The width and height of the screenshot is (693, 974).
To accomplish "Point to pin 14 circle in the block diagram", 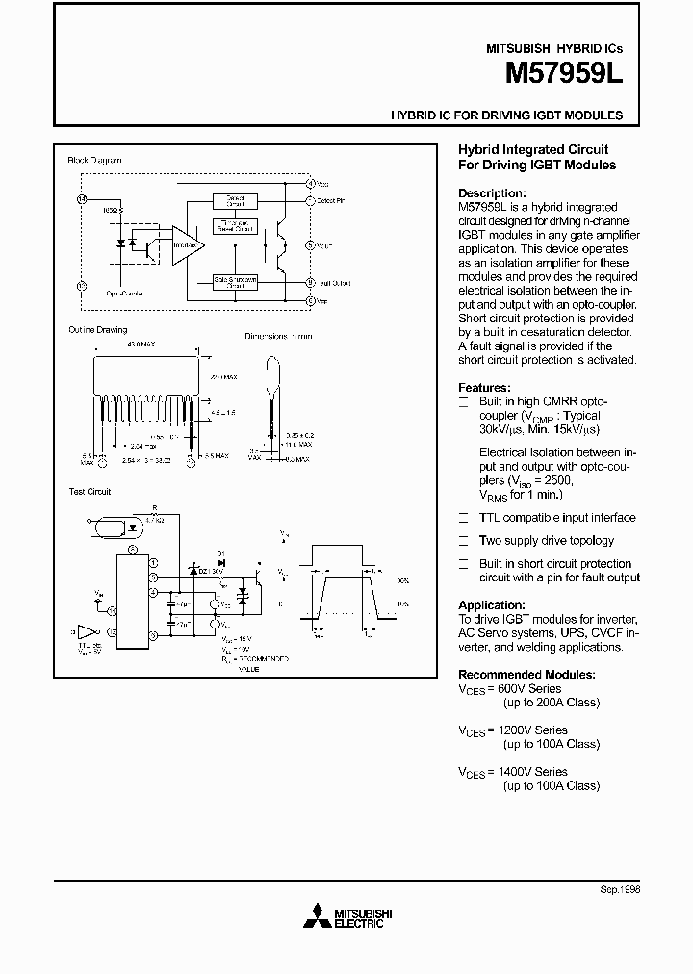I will pyautogui.click(x=81, y=198).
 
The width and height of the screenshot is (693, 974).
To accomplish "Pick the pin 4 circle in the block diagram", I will pyautogui.click(x=310, y=182).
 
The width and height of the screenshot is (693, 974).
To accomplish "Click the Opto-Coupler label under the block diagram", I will pyautogui.click(x=125, y=294).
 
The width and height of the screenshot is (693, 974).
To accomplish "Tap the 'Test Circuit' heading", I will pyautogui.click(x=90, y=491).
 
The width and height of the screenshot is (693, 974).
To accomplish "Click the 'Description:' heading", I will pyautogui.click(x=492, y=192).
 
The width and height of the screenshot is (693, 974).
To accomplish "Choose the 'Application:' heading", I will pyautogui.click(x=493, y=605).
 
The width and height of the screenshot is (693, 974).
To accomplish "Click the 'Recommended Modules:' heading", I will pyautogui.click(x=526, y=675).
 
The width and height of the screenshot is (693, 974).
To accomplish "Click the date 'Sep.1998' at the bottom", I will pyautogui.click(x=619, y=889).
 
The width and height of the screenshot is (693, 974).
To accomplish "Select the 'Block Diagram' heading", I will pyautogui.click(x=94, y=160).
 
